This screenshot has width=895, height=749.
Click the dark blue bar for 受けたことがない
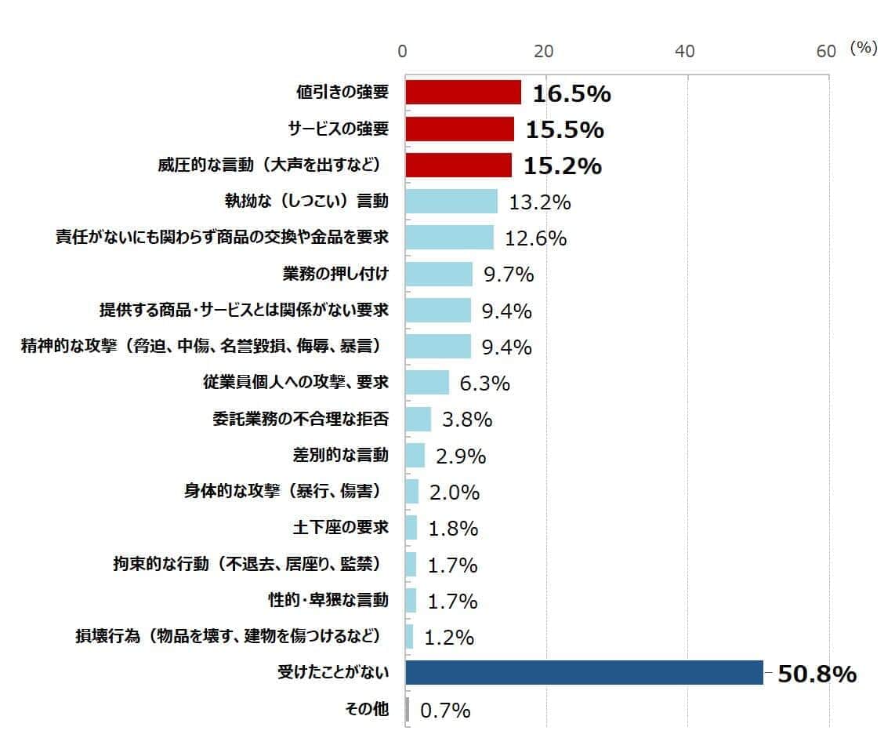(584, 673)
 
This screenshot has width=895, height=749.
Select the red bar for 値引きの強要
(463, 93)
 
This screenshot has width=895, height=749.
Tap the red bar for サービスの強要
(460, 129)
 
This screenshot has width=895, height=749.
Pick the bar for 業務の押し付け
(439, 275)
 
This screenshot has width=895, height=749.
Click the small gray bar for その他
(408, 710)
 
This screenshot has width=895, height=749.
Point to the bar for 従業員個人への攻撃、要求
(427, 383)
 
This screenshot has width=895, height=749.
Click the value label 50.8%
(816, 674)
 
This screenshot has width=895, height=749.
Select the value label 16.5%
(571, 94)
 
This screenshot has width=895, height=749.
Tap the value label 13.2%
(539, 202)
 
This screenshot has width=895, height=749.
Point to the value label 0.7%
(445, 711)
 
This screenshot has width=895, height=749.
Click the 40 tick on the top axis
(685, 51)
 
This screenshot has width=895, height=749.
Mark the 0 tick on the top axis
(403, 51)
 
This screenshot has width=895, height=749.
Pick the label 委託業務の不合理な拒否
(300, 419)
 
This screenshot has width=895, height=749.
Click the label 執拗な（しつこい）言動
(306, 202)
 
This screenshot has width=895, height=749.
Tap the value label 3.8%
(467, 420)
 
